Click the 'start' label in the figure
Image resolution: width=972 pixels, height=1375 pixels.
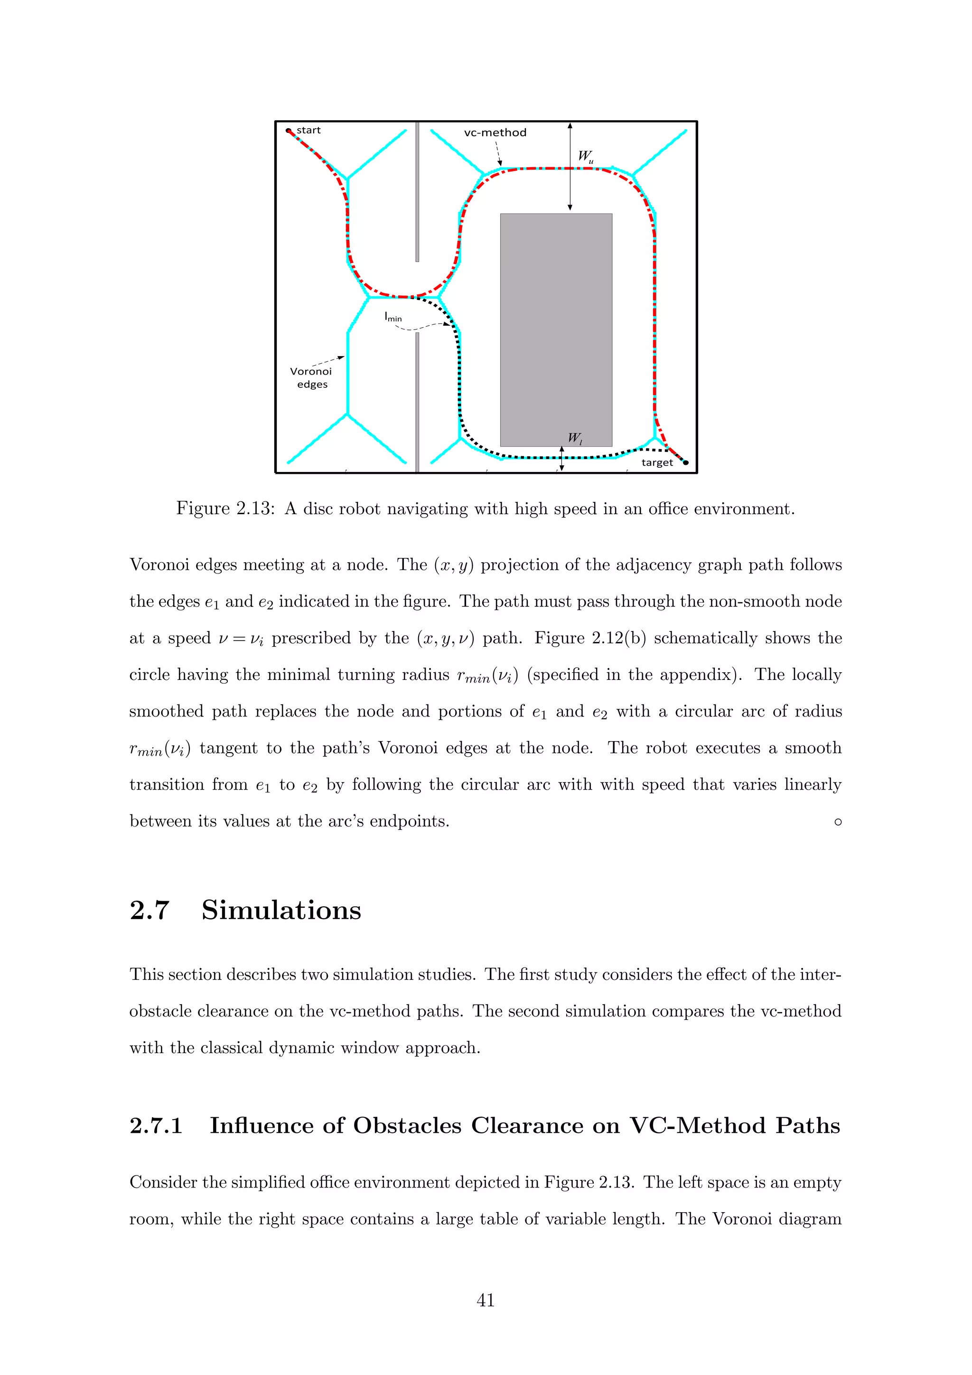click(x=309, y=131)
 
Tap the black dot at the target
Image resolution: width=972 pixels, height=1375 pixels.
click(x=686, y=462)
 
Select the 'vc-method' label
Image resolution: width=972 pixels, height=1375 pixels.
click(x=495, y=133)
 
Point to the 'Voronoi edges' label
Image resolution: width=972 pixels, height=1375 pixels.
click(x=311, y=378)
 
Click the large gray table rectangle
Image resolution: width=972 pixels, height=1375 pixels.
click(x=556, y=330)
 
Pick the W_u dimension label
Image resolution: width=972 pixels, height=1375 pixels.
click(x=585, y=156)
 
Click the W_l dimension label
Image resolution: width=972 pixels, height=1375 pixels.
click(x=575, y=438)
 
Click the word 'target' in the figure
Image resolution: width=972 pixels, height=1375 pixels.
click(x=657, y=462)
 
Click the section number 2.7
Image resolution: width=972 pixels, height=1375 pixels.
click(x=150, y=910)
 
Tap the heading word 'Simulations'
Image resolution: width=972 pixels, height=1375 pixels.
click(x=281, y=910)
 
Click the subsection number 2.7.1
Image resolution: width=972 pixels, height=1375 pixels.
click(x=156, y=1126)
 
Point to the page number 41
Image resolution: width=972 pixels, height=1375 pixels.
click(x=486, y=1300)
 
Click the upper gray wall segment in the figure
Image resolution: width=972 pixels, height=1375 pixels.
click(x=417, y=192)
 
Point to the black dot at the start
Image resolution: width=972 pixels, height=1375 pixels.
click(x=288, y=131)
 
